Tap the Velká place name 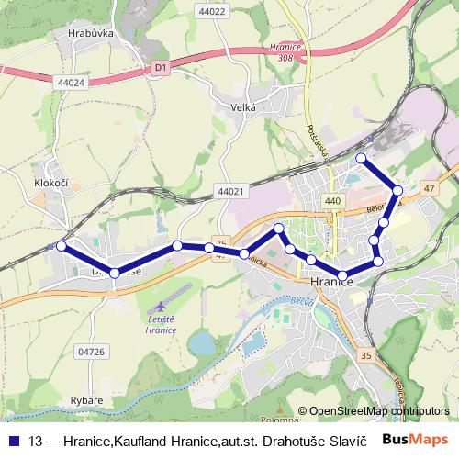242,107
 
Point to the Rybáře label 89,400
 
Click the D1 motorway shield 161,67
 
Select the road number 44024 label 70,83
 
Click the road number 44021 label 231,191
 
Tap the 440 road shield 332,201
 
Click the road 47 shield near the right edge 429,187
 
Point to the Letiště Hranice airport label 162,322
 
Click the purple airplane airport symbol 162,303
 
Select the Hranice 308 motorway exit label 281,51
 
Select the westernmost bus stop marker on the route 62,246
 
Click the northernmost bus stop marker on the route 361,159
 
